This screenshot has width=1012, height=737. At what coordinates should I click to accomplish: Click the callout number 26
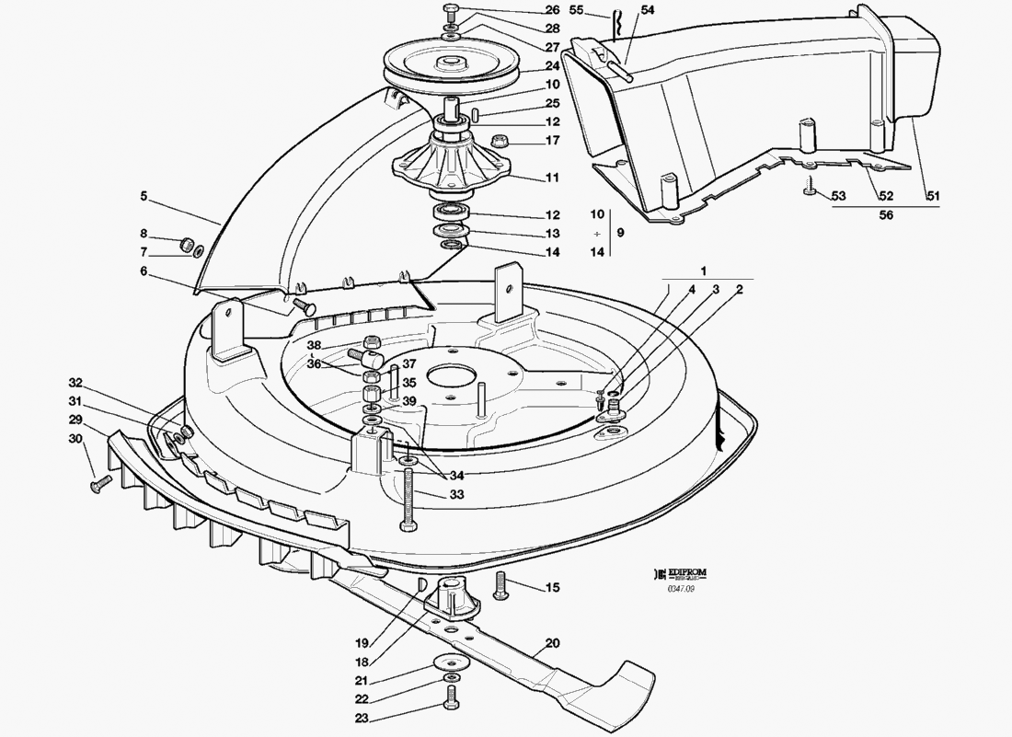point(552,10)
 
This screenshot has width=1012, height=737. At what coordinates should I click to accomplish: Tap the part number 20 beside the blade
point(552,644)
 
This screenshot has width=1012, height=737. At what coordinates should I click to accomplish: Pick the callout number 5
point(144,195)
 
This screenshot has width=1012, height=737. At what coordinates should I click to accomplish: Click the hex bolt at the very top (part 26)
point(450,11)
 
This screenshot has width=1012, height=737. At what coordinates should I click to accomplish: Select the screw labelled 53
point(809,189)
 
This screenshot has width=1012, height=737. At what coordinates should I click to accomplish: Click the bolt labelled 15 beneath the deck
point(500,585)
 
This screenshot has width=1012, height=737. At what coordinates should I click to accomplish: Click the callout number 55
point(604,10)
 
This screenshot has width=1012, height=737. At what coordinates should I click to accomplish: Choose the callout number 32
point(75,382)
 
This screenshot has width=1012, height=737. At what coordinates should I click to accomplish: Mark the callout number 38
point(314,347)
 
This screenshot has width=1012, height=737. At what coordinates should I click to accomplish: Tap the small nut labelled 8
point(187,245)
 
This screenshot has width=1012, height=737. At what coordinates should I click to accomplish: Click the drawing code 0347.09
point(682,590)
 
